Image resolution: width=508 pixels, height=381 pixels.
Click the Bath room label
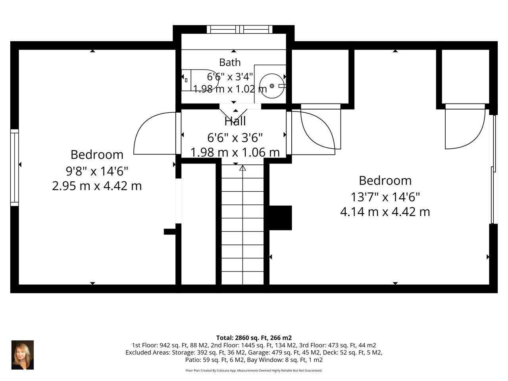point(230,62)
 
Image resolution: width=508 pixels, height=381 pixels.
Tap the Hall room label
point(235,121)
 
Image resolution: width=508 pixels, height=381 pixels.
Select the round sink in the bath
point(272,86)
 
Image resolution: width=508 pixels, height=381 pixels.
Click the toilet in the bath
point(200,80)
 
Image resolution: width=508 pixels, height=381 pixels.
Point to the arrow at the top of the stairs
point(242,168)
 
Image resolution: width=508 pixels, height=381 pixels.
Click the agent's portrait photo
point(23,355)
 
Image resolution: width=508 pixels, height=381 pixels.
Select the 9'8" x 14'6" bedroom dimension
point(97,171)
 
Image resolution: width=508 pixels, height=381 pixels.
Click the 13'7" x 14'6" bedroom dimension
point(385,197)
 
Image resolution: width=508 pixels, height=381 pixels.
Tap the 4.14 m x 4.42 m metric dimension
point(385,212)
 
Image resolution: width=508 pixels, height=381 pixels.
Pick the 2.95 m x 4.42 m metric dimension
point(97,186)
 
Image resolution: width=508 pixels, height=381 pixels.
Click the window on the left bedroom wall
point(14,168)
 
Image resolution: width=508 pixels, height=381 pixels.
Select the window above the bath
point(240,29)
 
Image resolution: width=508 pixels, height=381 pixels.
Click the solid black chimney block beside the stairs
point(281,217)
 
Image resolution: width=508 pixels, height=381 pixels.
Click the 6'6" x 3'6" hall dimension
point(235,138)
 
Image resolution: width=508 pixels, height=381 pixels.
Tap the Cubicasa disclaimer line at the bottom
point(254,371)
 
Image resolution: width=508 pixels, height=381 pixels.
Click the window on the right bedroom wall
point(494,169)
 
